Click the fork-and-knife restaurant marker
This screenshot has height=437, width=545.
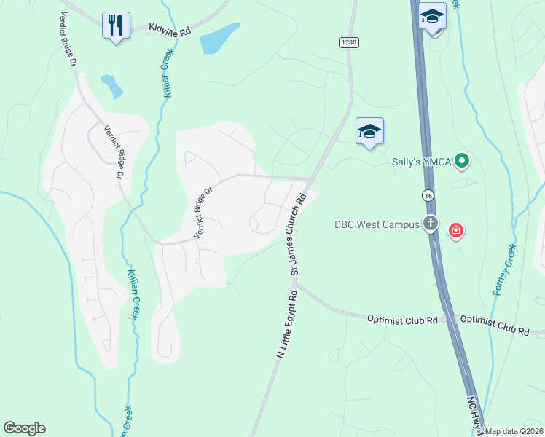coord(116,25)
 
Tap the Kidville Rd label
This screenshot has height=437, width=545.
coord(169,29)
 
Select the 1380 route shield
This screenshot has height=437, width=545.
coord(348,43)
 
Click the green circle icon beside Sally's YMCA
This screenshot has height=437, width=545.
coord(460,160)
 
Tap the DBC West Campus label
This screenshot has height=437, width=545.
coord(377,224)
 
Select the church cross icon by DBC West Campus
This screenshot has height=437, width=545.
coord(431,224)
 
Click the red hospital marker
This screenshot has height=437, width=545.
coord(456,232)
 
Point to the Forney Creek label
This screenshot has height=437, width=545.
coord(504,269)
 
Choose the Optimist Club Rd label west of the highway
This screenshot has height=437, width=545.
coord(402,319)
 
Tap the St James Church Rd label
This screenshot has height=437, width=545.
coord(301,233)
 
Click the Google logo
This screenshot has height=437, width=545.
coord(24,428)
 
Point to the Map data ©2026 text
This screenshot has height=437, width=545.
coord(514,431)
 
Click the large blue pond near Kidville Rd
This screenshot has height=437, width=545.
coord(219,39)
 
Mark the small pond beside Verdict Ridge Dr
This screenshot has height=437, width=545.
coord(112,86)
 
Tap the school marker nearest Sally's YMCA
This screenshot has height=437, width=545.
coord(369,132)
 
